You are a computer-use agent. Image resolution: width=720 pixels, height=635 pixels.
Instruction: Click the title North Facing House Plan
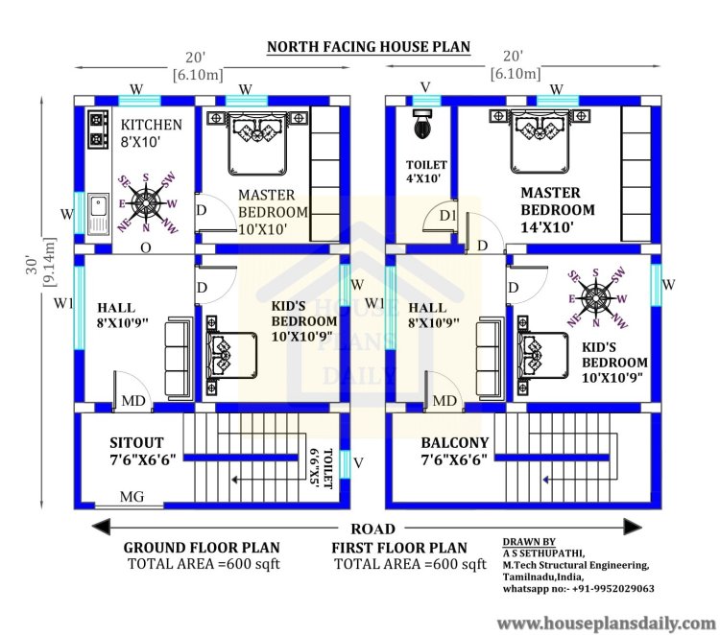click(369, 47)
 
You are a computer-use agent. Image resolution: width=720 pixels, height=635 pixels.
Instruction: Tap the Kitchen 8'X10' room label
click(151, 133)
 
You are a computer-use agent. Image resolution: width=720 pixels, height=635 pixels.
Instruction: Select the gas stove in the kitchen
click(98, 129)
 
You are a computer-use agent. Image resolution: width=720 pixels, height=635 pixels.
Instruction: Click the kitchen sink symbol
click(98, 214)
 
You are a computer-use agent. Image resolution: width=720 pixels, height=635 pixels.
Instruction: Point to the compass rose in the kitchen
click(147, 202)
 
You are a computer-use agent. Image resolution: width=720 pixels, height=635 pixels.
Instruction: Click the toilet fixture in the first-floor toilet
click(421, 124)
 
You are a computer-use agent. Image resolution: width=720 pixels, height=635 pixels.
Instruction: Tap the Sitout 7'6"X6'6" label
click(142, 452)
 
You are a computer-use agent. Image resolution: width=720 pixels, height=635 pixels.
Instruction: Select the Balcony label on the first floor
click(455, 443)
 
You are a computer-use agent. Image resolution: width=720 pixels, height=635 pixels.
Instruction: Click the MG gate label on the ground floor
click(132, 497)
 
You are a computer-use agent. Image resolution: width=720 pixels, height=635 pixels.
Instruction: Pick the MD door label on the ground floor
click(133, 401)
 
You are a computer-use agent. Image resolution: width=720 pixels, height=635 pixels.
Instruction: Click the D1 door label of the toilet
click(447, 215)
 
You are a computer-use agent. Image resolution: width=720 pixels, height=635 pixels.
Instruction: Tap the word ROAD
click(372, 529)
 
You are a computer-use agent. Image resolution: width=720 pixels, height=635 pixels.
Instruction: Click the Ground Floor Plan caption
click(202, 548)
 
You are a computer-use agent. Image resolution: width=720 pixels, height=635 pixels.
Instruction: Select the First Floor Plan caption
click(399, 548)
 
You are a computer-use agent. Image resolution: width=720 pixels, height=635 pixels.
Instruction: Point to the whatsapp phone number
click(613, 589)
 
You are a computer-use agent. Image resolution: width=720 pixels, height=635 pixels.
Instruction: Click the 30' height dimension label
click(32, 265)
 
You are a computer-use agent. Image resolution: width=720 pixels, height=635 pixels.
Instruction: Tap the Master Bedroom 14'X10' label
click(558, 210)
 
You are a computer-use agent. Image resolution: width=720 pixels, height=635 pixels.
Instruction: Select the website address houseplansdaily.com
click(606, 623)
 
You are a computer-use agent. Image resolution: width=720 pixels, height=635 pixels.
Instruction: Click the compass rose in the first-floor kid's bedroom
click(596, 298)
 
